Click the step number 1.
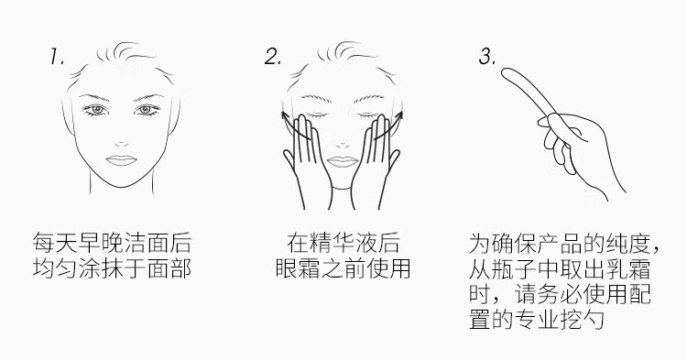(57, 57)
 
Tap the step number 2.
(273, 57)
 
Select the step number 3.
(487, 57)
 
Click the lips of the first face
(121, 160)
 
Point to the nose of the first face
(121, 144)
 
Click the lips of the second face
(343, 161)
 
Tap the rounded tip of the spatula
(506, 72)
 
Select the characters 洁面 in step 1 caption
(147, 243)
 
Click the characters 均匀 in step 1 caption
(55, 268)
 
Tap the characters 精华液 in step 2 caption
(343, 243)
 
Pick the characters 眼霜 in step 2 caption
(298, 268)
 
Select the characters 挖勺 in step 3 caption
(583, 320)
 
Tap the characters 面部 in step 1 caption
(169, 268)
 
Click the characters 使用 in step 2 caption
(388, 268)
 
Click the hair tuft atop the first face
(125, 52)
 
